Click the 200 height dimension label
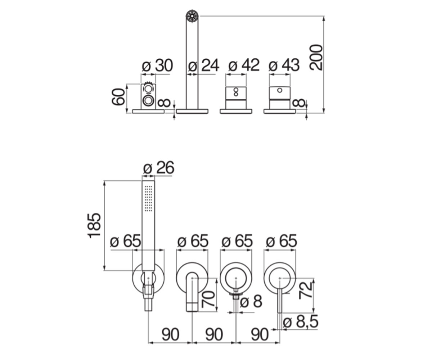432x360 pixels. [x=316, y=57]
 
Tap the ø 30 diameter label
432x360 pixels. [x=157, y=66]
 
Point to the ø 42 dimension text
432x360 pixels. [x=244, y=65]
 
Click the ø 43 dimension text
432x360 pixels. [x=284, y=65]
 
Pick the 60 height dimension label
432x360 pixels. [x=118, y=96]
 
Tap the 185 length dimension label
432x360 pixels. [x=94, y=226]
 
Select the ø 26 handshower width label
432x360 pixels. [x=159, y=168]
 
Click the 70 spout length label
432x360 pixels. [x=208, y=299]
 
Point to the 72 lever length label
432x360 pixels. [x=306, y=290]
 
